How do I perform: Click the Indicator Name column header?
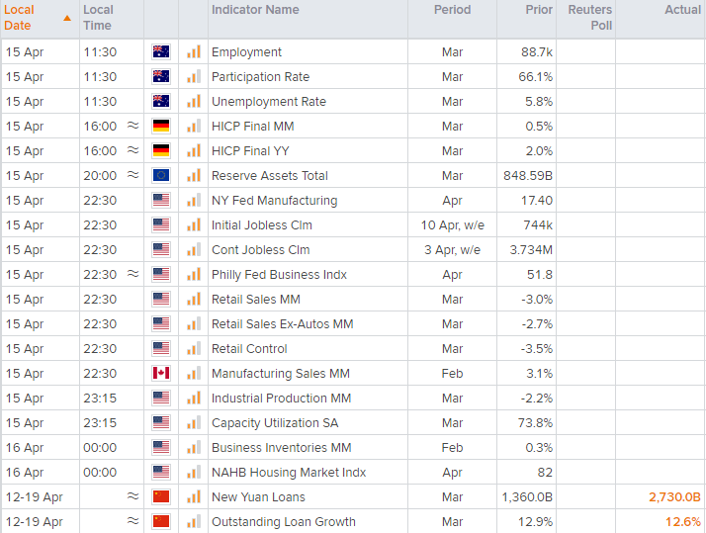(255, 10)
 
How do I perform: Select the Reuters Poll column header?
(590, 17)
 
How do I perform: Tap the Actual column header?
(682, 10)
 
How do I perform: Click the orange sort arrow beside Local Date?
(66, 18)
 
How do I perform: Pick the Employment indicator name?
(246, 52)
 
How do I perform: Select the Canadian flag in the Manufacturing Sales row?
(161, 374)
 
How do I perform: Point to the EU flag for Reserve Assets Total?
(161, 176)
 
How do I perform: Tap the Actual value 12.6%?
(682, 522)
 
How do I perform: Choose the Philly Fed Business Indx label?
(279, 275)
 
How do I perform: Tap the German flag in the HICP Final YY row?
(161, 151)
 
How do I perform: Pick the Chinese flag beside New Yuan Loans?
(161, 497)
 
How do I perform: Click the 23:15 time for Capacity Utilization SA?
(100, 423)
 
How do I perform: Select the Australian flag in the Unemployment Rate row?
(161, 102)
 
